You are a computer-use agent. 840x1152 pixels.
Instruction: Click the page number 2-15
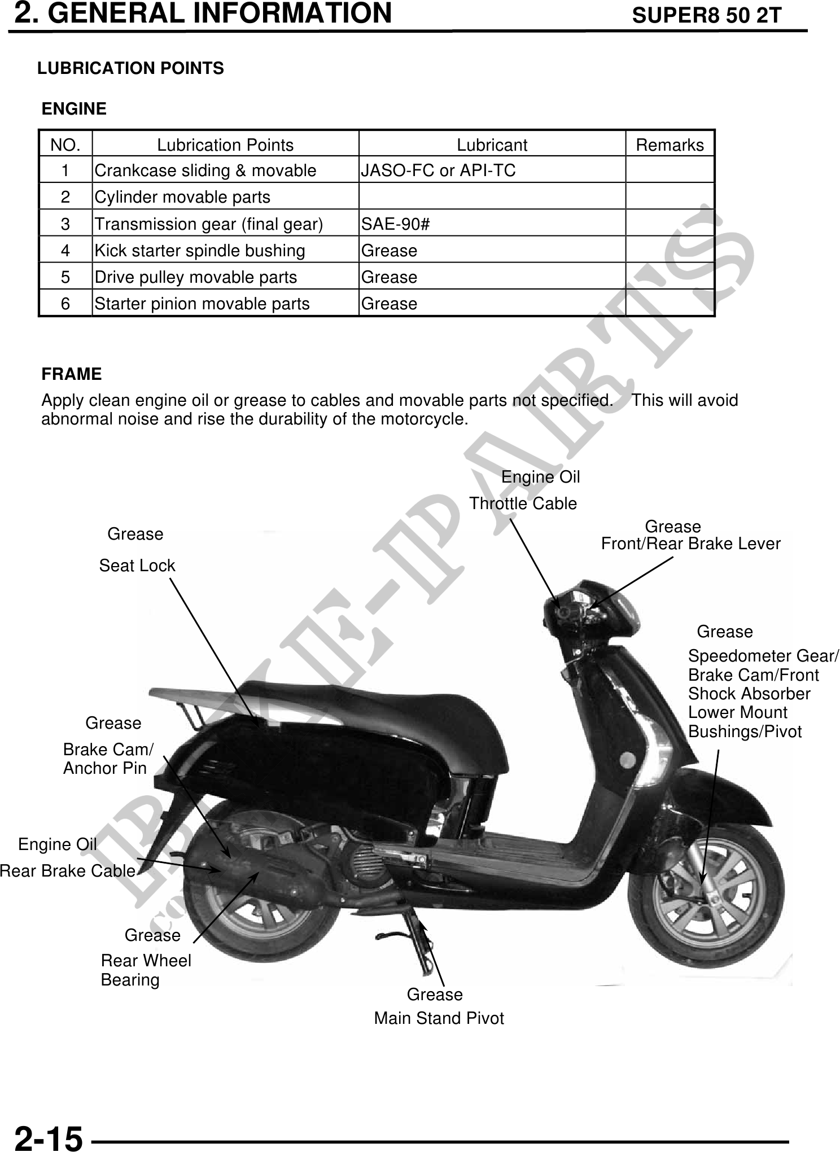(x=49, y=1136)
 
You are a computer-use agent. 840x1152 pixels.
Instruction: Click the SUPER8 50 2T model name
(x=706, y=16)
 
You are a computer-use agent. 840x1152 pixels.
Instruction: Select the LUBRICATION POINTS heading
(x=130, y=68)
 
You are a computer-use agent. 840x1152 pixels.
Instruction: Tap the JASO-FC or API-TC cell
(x=438, y=170)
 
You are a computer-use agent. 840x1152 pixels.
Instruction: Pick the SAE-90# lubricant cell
(x=396, y=224)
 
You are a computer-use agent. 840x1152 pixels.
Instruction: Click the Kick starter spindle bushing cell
(x=200, y=251)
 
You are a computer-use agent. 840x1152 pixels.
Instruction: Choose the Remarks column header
(x=670, y=145)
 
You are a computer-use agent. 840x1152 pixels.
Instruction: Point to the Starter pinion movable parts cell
(x=202, y=304)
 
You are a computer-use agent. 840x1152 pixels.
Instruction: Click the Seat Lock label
(x=137, y=566)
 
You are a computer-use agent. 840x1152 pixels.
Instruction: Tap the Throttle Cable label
(x=523, y=503)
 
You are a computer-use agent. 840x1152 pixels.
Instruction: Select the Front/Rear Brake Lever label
(x=690, y=544)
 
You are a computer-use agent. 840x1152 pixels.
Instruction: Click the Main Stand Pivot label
(x=439, y=1018)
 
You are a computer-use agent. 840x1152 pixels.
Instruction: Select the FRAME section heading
(x=72, y=374)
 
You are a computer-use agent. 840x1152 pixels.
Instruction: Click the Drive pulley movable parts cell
(x=196, y=277)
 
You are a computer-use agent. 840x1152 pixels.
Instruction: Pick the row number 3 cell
(x=65, y=224)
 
